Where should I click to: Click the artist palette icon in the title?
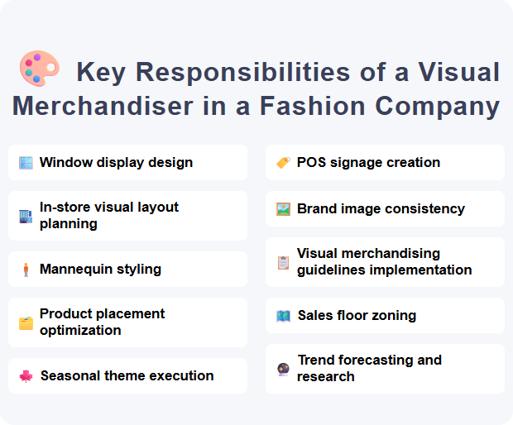point(38,69)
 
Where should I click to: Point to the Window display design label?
point(116,163)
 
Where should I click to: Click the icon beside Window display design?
point(26,163)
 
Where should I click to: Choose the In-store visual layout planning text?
point(108,216)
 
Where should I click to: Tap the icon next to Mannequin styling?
point(26,270)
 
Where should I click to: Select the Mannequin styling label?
point(100,270)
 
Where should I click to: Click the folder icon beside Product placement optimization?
point(26,322)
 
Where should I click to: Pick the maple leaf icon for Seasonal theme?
point(26,376)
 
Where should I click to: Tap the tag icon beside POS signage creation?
point(283,163)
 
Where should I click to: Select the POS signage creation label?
point(368,163)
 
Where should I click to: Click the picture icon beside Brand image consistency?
point(283,209)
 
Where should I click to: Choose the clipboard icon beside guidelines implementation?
point(283,262)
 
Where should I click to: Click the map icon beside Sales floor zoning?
point(283,316)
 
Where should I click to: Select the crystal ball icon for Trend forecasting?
point(283,369)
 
